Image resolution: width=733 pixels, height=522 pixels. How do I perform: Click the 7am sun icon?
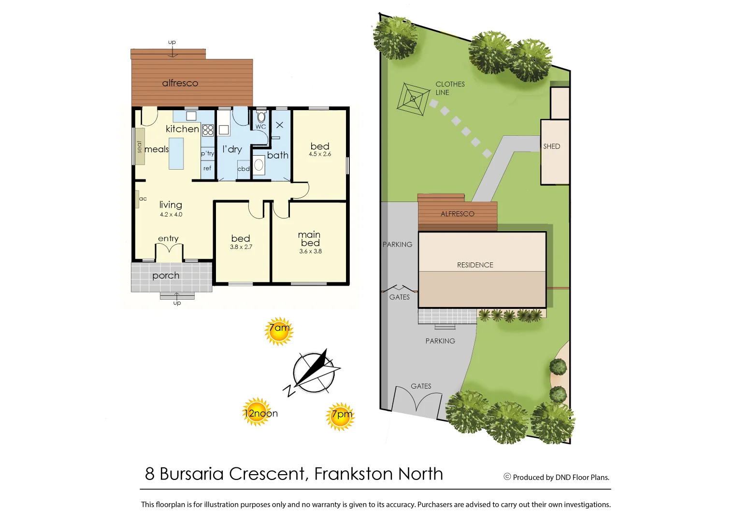279,331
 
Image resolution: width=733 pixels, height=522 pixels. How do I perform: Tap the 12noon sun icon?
258,412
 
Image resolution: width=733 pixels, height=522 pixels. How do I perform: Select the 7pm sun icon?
341,416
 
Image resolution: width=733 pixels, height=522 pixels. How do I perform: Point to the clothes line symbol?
413,99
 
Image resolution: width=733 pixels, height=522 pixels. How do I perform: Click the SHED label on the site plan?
551,146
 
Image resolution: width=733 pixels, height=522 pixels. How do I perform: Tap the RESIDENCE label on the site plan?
475,265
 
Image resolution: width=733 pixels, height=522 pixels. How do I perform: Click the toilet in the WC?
261,116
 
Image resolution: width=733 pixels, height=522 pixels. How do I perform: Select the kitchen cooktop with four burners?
208,130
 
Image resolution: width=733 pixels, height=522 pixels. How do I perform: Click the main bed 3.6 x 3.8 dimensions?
310,251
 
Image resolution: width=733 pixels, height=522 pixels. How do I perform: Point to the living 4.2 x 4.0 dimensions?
171,215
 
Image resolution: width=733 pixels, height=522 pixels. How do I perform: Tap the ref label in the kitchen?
207,169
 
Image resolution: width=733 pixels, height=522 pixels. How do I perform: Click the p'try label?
207,153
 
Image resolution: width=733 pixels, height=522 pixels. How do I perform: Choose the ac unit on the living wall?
138,199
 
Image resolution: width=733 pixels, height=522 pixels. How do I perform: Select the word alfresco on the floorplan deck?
180,83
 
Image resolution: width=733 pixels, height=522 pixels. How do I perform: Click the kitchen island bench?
176,153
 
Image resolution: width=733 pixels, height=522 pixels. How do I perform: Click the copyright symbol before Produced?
507,477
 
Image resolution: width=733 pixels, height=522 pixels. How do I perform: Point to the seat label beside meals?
140,146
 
